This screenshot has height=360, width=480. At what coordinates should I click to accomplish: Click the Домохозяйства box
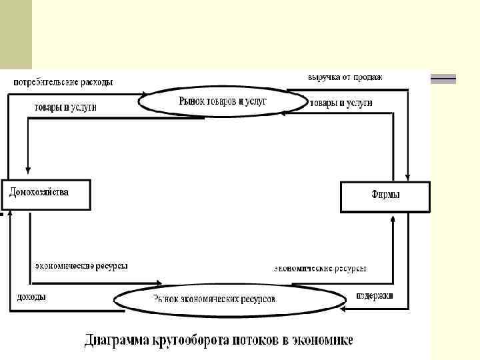[x=45, y=194]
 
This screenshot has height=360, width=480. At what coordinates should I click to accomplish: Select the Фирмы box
[x=385, y=197]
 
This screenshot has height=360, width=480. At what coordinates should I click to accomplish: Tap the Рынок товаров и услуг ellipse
[x=213, y=101]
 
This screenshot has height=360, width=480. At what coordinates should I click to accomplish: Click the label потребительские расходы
[x=63, y=82]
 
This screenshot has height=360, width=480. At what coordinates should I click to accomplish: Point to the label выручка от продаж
[x=345, y=77]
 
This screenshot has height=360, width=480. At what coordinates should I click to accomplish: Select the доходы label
[x=31, y=297]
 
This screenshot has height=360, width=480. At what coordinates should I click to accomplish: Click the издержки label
[x=374, y=295]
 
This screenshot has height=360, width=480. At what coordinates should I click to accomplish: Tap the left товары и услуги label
[x=65, y=107]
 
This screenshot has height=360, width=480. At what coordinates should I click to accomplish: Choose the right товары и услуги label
[x=341, y=103]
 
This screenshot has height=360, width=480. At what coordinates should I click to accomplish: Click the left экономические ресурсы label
[x=81, y=266]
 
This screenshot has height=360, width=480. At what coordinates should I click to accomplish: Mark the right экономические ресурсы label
[x=320, y=269]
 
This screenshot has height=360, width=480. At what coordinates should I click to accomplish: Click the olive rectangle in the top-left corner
[x=15, y=33]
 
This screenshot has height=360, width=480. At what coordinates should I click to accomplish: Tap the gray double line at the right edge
[x=443, y=79]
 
